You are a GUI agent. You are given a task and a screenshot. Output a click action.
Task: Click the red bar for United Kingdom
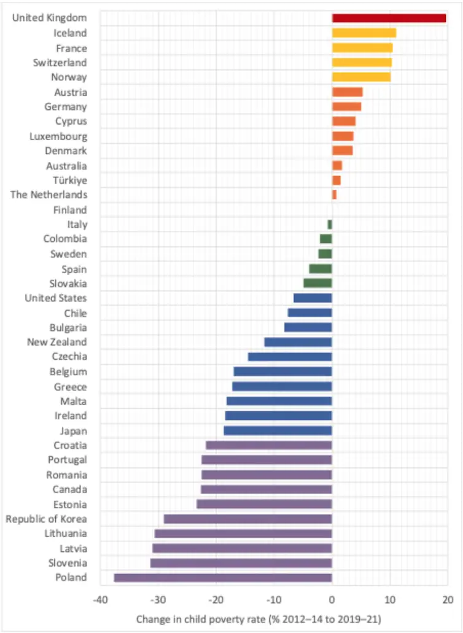click(x=389, y=18)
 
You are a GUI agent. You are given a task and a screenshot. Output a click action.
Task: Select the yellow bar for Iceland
click(x=364, y=33)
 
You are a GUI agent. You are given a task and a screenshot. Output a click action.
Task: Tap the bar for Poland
click(x=223, y=578)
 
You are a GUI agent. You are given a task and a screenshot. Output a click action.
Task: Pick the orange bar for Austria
click(x=347, y=92)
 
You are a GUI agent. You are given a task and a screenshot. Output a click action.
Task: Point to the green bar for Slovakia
click(x=317, y=284)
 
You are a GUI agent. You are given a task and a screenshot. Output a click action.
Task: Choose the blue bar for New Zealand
click(x=298, y=342)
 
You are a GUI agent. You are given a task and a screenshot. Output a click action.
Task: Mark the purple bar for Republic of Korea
click(x=247, y=519)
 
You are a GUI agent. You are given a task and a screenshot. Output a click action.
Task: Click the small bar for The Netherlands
click(x=334, y=195)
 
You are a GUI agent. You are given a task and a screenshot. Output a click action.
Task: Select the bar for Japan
click(x=278, y=430)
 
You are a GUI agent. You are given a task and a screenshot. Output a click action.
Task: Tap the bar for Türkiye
click(x=336, y=180)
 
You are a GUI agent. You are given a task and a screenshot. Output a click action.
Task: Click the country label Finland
click(x=70, y=210)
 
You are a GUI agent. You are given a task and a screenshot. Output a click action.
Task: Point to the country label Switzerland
click(x=60, y=63)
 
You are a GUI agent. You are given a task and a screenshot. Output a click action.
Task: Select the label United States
click(x=55, y=298)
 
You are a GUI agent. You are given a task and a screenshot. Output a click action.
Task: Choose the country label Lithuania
click(x=64, y=534)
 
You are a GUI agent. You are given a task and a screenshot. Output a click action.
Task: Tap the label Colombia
click(x=65, y=239)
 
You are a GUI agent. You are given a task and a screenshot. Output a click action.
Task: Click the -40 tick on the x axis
click(x=99, y=600)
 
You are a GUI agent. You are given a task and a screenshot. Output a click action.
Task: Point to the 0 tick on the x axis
click(x=332, y=600)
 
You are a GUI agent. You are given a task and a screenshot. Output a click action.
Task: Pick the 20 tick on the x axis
click(x=447, y=600)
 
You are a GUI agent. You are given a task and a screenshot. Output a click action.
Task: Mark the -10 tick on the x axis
click(x=273, y=600)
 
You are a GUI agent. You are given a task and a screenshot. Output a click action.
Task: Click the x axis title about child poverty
click(x=259, y=619)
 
